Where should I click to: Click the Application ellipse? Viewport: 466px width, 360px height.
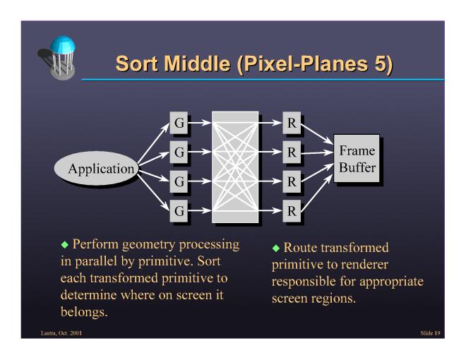pos(100,169)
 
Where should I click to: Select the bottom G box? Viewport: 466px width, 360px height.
pos(179,209)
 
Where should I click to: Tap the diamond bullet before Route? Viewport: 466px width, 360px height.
pos(277,249)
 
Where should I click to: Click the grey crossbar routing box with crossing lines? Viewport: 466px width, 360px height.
pos(234,166)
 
